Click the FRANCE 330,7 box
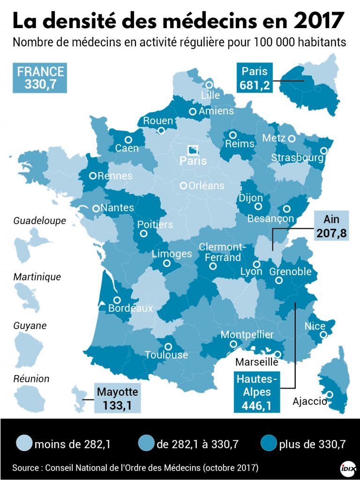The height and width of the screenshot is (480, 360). (x=40, y=78)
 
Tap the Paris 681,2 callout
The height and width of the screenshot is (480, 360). (x=254, y=78)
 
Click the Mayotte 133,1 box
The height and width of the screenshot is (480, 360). (x=117, y=398)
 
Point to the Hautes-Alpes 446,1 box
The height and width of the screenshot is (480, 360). (x=257, y=392)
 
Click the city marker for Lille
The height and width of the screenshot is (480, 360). (x=209, y=85)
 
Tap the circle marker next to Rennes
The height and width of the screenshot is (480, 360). (x=93, y=176)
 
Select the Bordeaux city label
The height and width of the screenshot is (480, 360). (x=130, y=308)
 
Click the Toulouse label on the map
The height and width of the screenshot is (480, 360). (x=166, y=355)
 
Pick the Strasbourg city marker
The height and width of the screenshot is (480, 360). (x=324, y=150)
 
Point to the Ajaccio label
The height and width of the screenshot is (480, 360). (x=310, y=401)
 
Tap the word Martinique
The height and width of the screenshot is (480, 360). (x=37, y=277)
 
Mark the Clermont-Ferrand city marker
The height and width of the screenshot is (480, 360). (x=213, y=266)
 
